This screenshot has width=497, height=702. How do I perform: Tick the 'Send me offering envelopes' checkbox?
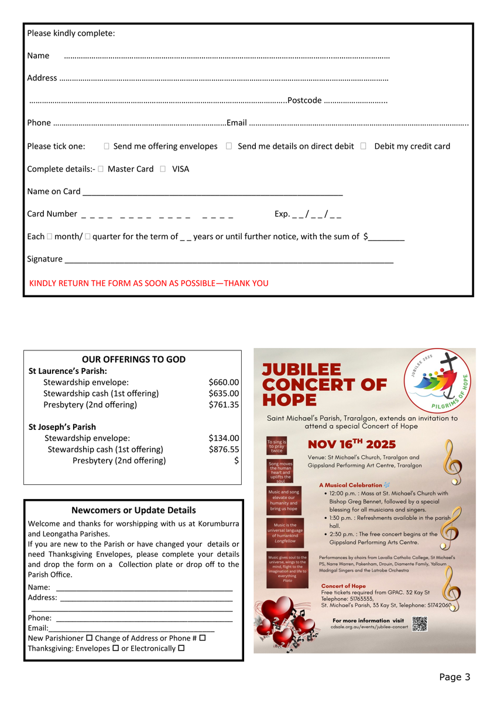107,146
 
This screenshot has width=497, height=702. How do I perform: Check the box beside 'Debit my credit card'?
364,146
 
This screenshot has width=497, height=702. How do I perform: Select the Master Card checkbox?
101,169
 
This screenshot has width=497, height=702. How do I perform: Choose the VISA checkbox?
163,169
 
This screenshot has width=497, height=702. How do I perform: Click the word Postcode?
304,101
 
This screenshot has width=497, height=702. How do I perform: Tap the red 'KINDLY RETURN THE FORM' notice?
149,283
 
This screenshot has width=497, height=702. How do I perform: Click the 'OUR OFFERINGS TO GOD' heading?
133,360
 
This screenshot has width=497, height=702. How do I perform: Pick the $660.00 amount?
224,382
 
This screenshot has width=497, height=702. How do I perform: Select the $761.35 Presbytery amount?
224,405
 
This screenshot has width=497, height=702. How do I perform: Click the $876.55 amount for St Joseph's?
224,449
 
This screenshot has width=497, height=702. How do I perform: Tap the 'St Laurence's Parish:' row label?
68,371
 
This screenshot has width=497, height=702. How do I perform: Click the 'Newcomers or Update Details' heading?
133,510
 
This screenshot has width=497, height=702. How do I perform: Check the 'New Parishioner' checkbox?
90,638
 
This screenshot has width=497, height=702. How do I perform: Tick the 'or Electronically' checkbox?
181,648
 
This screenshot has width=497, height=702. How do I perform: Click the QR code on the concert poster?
420,624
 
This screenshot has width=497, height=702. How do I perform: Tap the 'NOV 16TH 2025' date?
352,445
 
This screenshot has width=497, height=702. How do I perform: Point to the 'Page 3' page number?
454,677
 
